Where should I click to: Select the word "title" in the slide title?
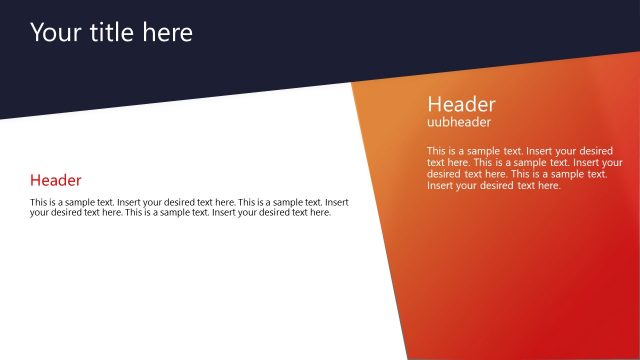pos(110,33)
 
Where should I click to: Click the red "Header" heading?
pos(56,180)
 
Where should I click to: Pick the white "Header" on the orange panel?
pos(461,104)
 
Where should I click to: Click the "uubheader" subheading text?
pos(459,122)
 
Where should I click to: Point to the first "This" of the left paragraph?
pos(40,202)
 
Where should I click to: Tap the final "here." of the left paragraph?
pos(319,212)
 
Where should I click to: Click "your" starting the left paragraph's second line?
pos(40,212)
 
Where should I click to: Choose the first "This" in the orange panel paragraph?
pos(437,151)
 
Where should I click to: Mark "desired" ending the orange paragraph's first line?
pos(596,151)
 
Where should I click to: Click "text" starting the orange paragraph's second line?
pos(436,162)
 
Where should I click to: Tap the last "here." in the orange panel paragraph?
pos(549,185)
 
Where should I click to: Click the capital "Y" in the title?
pos(37,33)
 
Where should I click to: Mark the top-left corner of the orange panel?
pos(352,83)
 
